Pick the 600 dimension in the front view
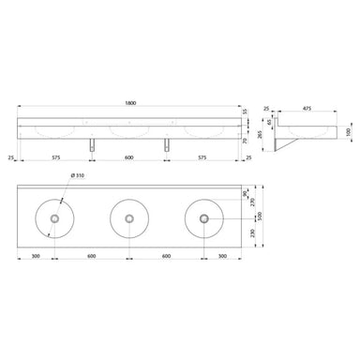click(129, 157)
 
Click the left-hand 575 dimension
click(57, 157)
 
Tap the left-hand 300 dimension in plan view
click(37, 255)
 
